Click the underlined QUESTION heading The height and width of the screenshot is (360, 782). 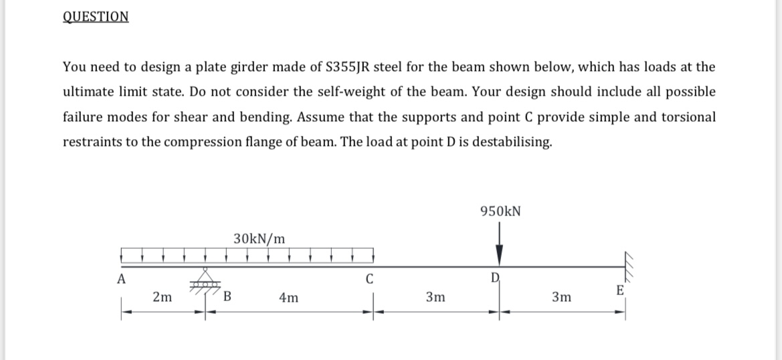pyautogui.click(x=96, y=16)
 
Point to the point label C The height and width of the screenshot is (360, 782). pyautogui.click(x=369, y=279)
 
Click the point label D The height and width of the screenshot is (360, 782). pyautogui.click(x=496, y=278)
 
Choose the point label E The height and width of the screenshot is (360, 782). pyautogui.click(x=619, y=290)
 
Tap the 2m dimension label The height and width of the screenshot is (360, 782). pyautogui.click(x=161, y=298)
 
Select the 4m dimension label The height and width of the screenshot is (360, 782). pyautogui.click(x=289, y=298)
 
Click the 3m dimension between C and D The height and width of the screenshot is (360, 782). pyautogui.click(x=435, y=298)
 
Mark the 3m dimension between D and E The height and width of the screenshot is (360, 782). pyautogui.click(x=562, y=298)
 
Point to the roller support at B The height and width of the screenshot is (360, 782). pyautogui.click(x=205, y=280)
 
